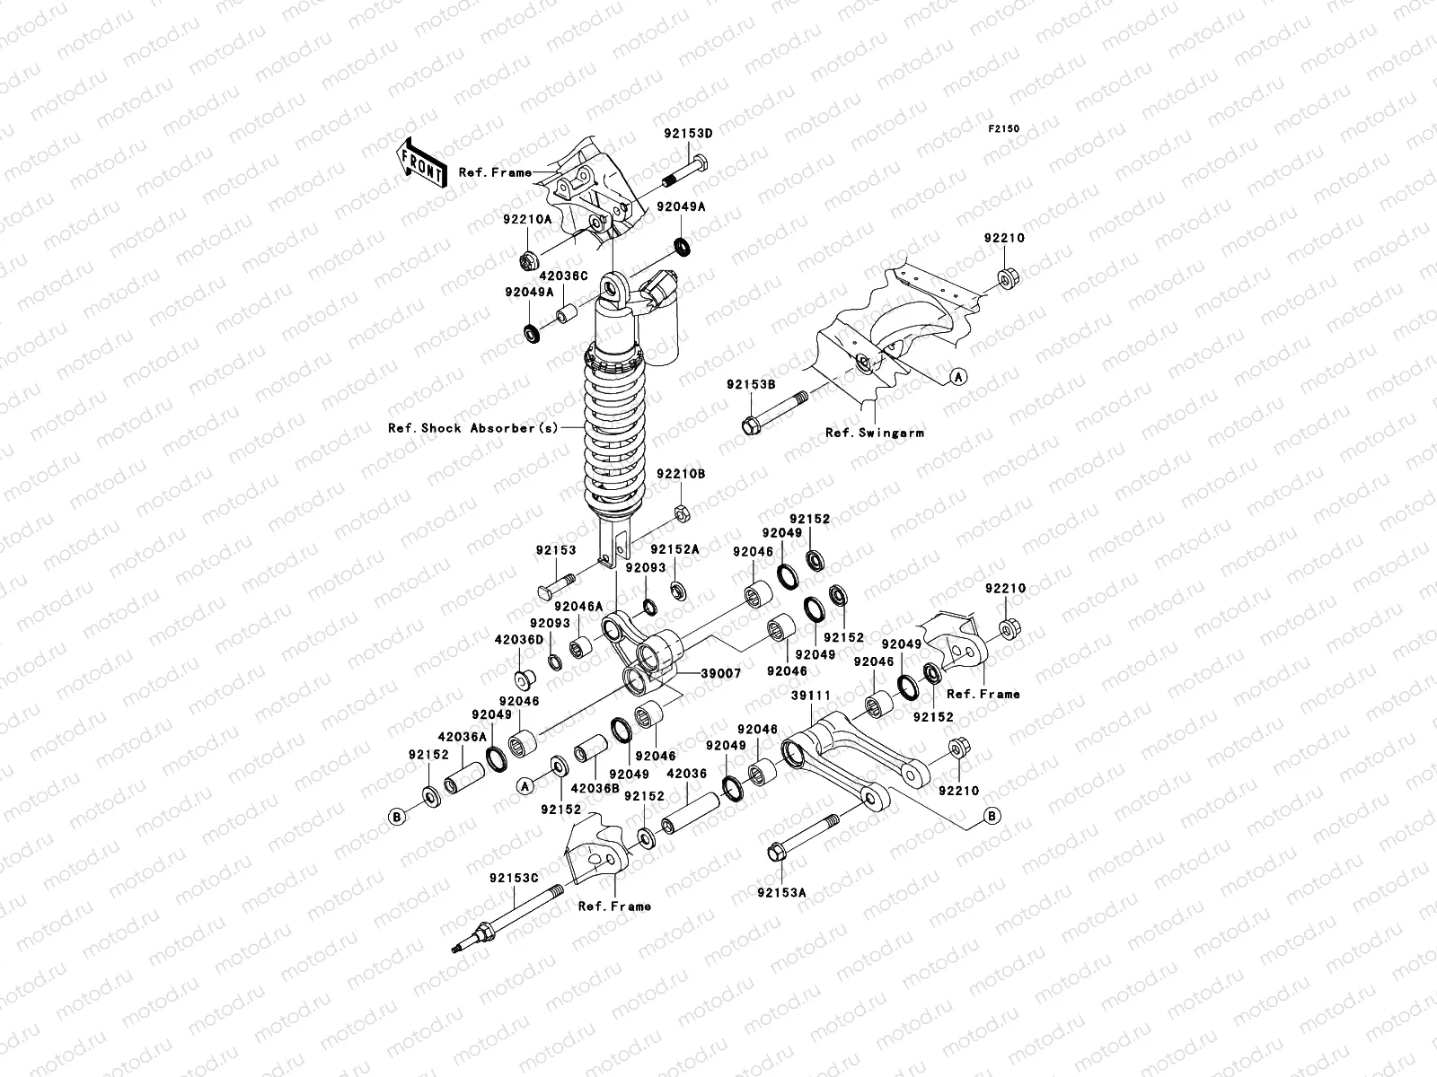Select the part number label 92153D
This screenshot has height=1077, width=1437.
(x=688, y=134)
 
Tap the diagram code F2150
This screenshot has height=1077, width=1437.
(x=1004, y=129)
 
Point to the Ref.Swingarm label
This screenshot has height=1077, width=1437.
(x=875, y=433)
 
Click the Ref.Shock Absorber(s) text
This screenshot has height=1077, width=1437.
(x=472, y=428)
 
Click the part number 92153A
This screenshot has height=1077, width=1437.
(x=781, y=893)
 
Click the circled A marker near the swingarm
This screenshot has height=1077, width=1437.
(x=958, y=377)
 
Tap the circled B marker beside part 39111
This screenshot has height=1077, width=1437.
(x=992, y=815)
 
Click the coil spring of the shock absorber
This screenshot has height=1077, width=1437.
(x=613, y=431)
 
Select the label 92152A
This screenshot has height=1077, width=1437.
(x=674, y=549)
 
